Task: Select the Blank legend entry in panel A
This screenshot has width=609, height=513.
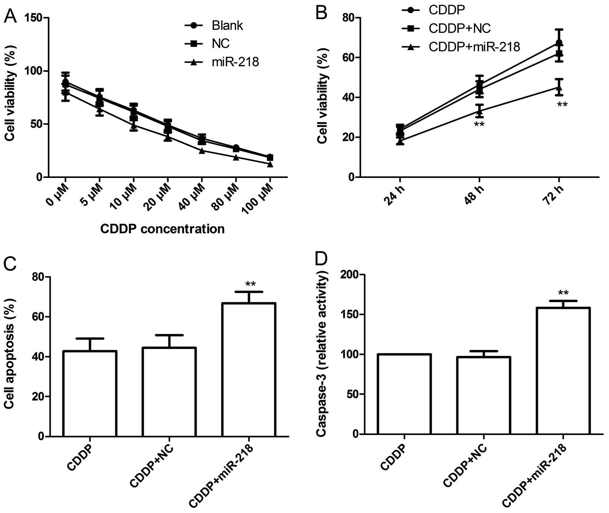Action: tap(227, 26)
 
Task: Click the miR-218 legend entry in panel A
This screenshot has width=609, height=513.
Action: tap(235, 62)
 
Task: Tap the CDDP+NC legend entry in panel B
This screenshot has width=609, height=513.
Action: tap(459, 29)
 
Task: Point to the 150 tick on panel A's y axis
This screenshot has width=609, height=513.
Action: tap(34, 18)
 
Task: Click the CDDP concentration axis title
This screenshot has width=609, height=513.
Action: tap(162, 229)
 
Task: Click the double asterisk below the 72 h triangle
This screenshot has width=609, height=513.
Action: tap(562, 105)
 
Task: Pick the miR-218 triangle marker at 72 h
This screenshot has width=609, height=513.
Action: tap(559, 87)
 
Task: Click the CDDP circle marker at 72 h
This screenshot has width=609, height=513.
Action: tap(559, 42)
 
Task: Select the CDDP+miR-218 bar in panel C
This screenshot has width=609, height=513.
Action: tap(249, 370)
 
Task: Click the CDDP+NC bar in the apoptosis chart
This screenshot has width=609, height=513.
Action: tap(169, 392)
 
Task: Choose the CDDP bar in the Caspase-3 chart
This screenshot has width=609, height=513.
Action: tap(404, 394)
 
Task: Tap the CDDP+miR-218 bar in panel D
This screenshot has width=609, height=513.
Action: tap(563, 371)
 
